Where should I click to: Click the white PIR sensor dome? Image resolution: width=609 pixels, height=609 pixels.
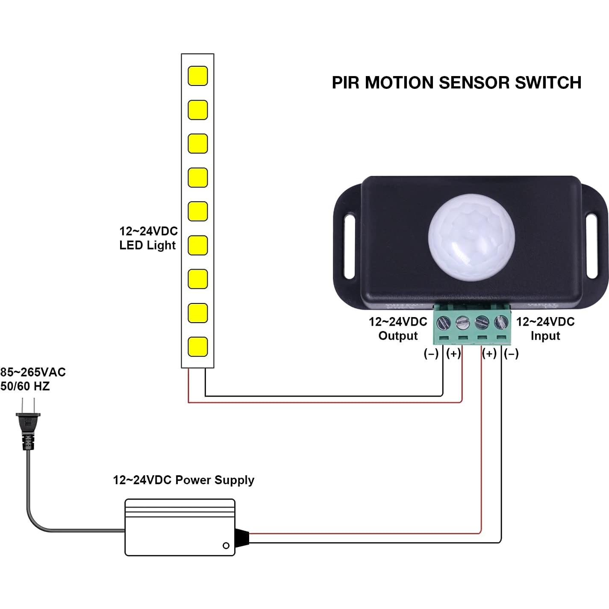(x=471, y=238)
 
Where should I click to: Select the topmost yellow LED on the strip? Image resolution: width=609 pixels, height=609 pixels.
(x=198, y=76)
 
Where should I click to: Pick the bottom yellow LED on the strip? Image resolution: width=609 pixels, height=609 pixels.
(x=198, y=347)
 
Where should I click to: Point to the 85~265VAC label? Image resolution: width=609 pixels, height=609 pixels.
(x=33, y=372)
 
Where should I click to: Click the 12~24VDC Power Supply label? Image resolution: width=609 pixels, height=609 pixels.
(x=183, y=480)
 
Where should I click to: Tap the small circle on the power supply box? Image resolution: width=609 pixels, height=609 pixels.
(x=226, y=546)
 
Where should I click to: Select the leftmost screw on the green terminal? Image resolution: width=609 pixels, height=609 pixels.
(x=444, y=322)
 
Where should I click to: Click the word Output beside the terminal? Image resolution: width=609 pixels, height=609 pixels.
(x=398, y=336)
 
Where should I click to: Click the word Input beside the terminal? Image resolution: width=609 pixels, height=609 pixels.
(x=545, y=336)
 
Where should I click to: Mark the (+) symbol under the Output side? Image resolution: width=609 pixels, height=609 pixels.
(x=453, y=354)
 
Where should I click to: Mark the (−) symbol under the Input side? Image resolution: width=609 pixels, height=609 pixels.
(x=511, y=354)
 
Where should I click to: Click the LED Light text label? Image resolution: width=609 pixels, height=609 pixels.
(x=147, y=245)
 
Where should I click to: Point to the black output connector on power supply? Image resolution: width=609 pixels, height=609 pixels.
(x=242, y=538)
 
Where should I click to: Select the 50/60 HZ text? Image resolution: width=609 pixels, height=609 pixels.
(x=25, y=386)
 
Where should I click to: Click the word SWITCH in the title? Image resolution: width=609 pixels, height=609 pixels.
(x=548, y=82)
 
